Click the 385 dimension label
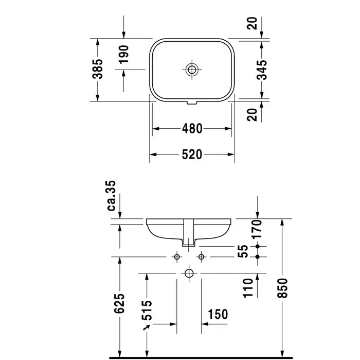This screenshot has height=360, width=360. click(98, 69)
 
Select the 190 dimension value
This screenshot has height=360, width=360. click(124, 55)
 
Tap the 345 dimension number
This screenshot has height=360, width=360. click(262, 70)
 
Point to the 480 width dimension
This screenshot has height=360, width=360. click(192, 129)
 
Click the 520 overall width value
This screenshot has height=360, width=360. click(192, 155)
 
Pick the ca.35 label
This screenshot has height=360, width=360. click(112, 196)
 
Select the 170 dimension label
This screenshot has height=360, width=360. click(257, 229)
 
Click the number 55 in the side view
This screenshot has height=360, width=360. click(243, 251)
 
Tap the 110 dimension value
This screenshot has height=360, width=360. click(248, 288)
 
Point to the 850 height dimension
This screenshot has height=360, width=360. click(282, 288)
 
